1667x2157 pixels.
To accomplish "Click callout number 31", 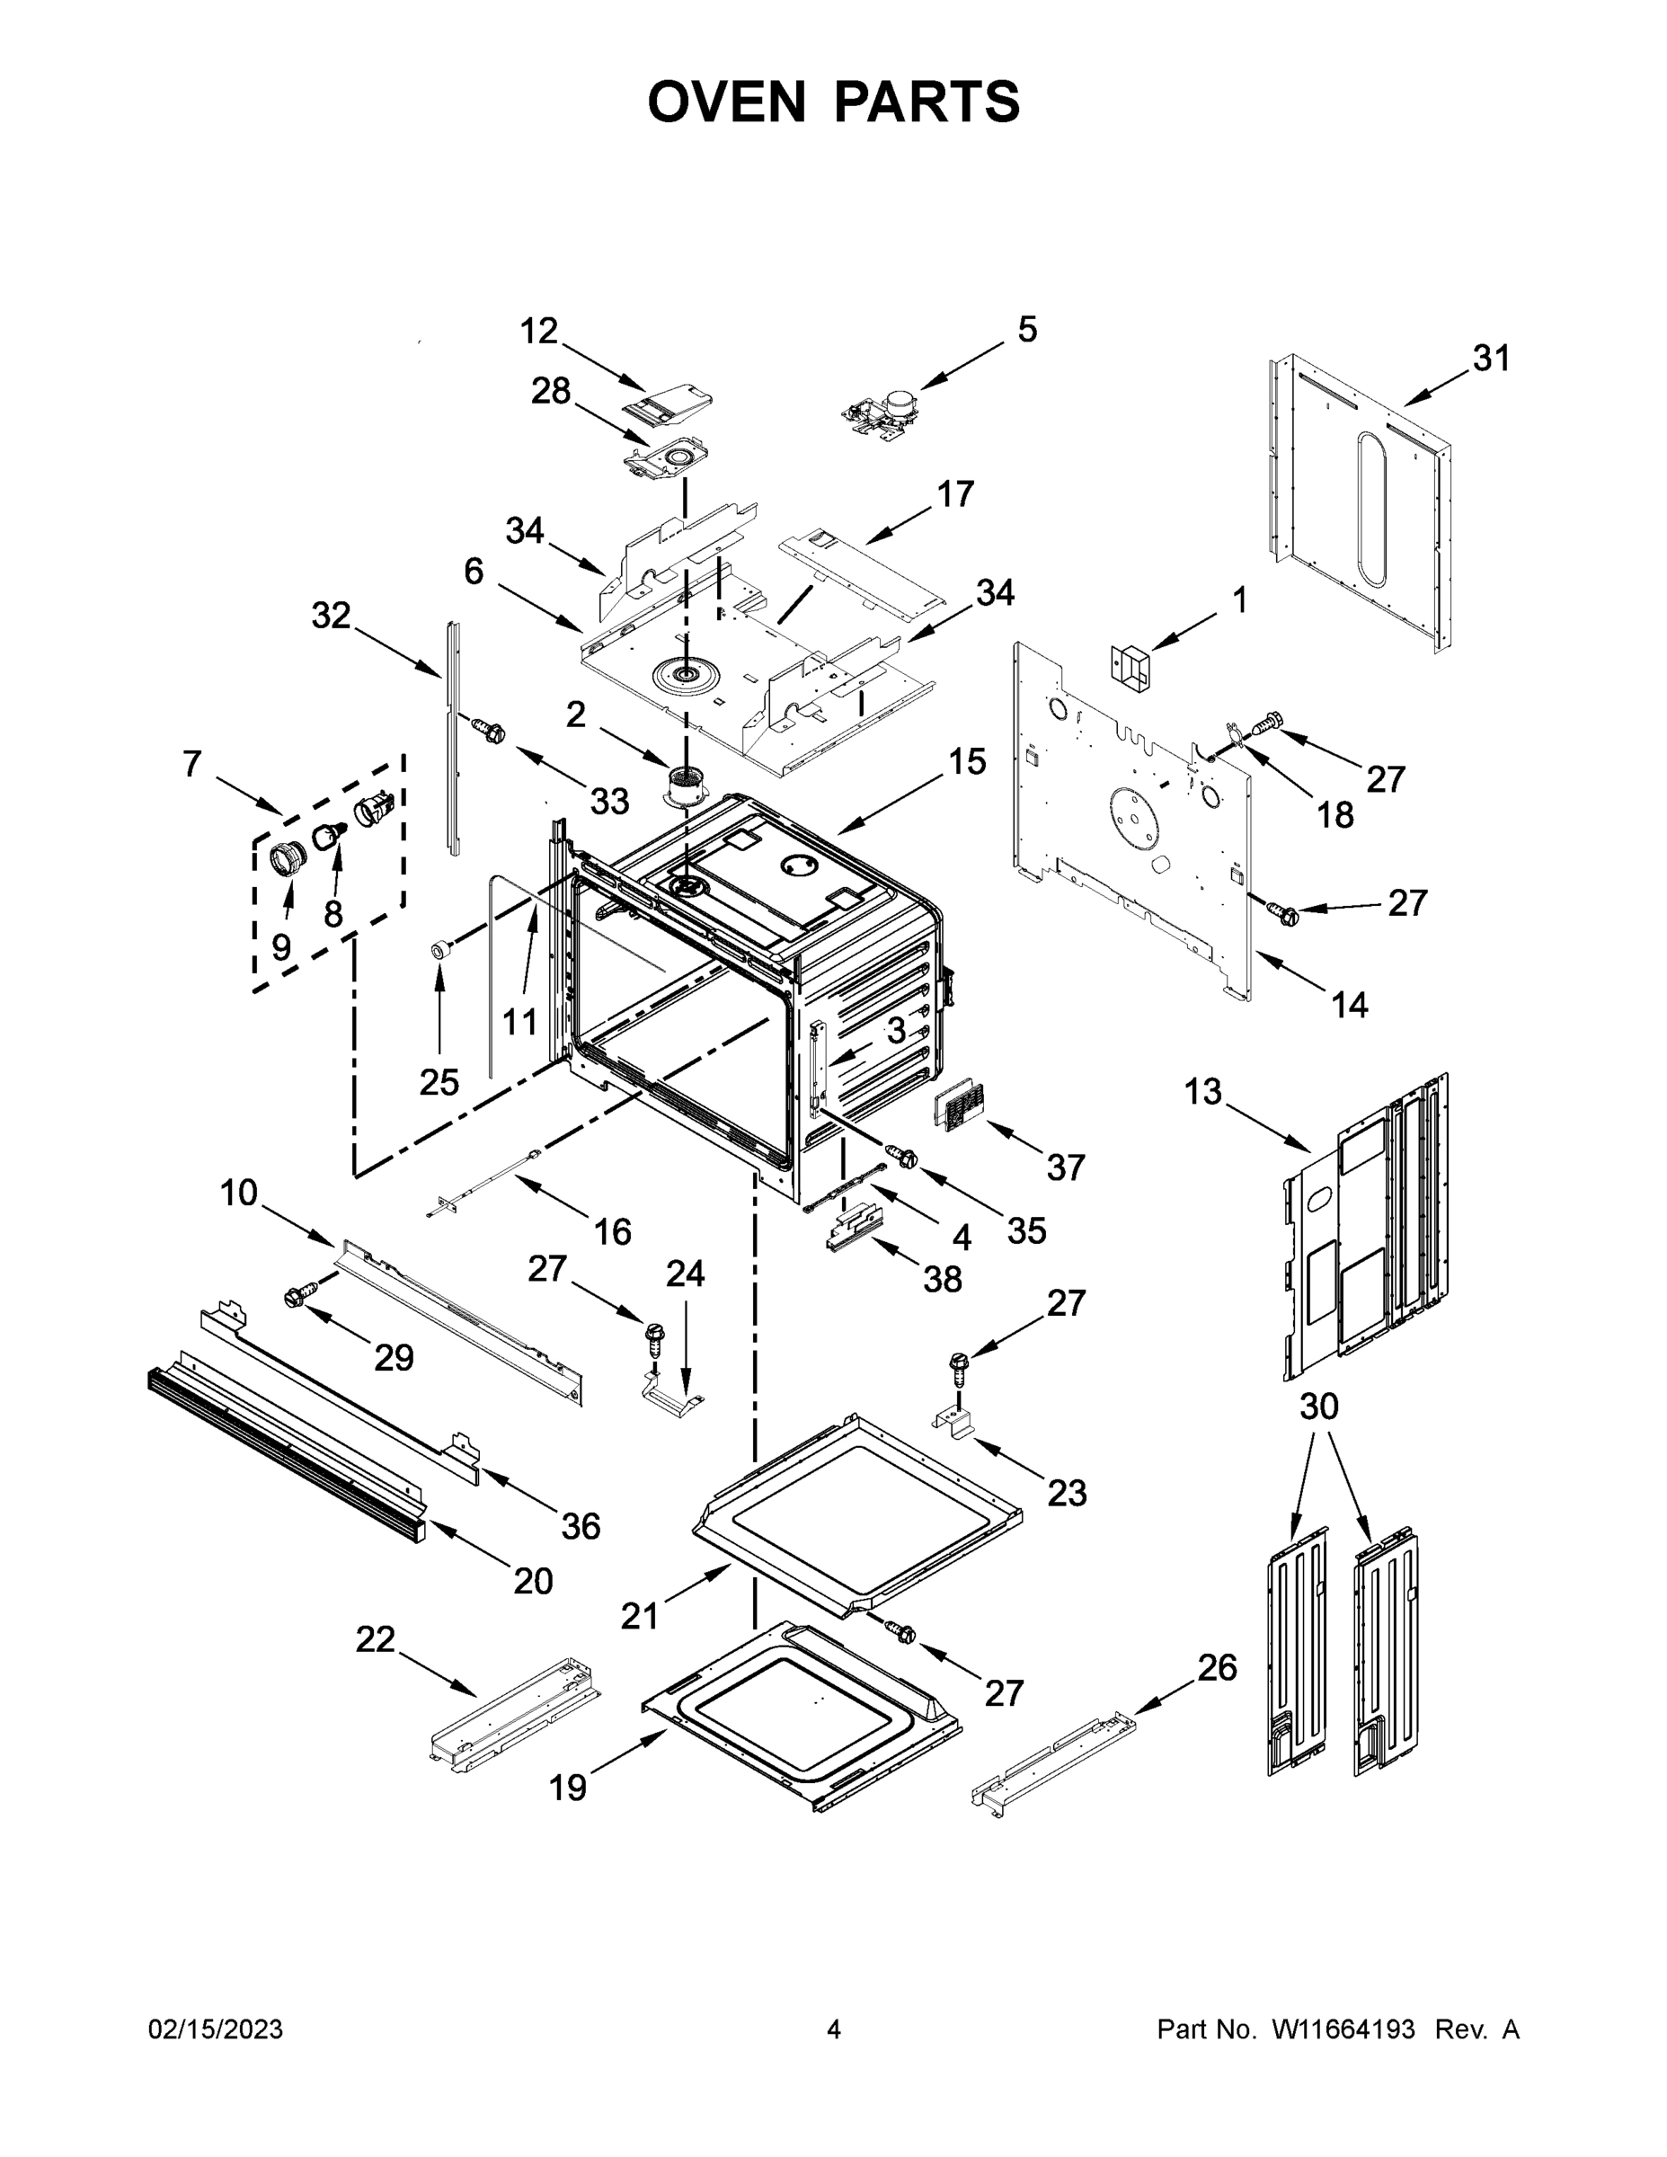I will click(x=1491, y=359).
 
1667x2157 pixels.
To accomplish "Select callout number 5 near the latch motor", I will click(x=1027, y=329).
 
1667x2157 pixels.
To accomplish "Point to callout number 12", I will click(x=539, y=331).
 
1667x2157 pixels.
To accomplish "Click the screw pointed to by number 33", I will click(x=488, y=731).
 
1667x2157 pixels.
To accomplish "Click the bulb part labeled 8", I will click(x=328, y=838).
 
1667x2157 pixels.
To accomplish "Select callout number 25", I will click(x=439, y=1082).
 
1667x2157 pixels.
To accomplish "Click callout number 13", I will click(x=1203, y=1092).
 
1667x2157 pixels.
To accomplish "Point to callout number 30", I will click(x=1318, y=1406).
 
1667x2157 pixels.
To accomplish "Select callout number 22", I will click(x=376, y=1639).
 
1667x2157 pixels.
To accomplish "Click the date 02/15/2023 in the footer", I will click(x=216, y=2029).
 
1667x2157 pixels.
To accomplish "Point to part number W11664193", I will click(x=1343, y=2029).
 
